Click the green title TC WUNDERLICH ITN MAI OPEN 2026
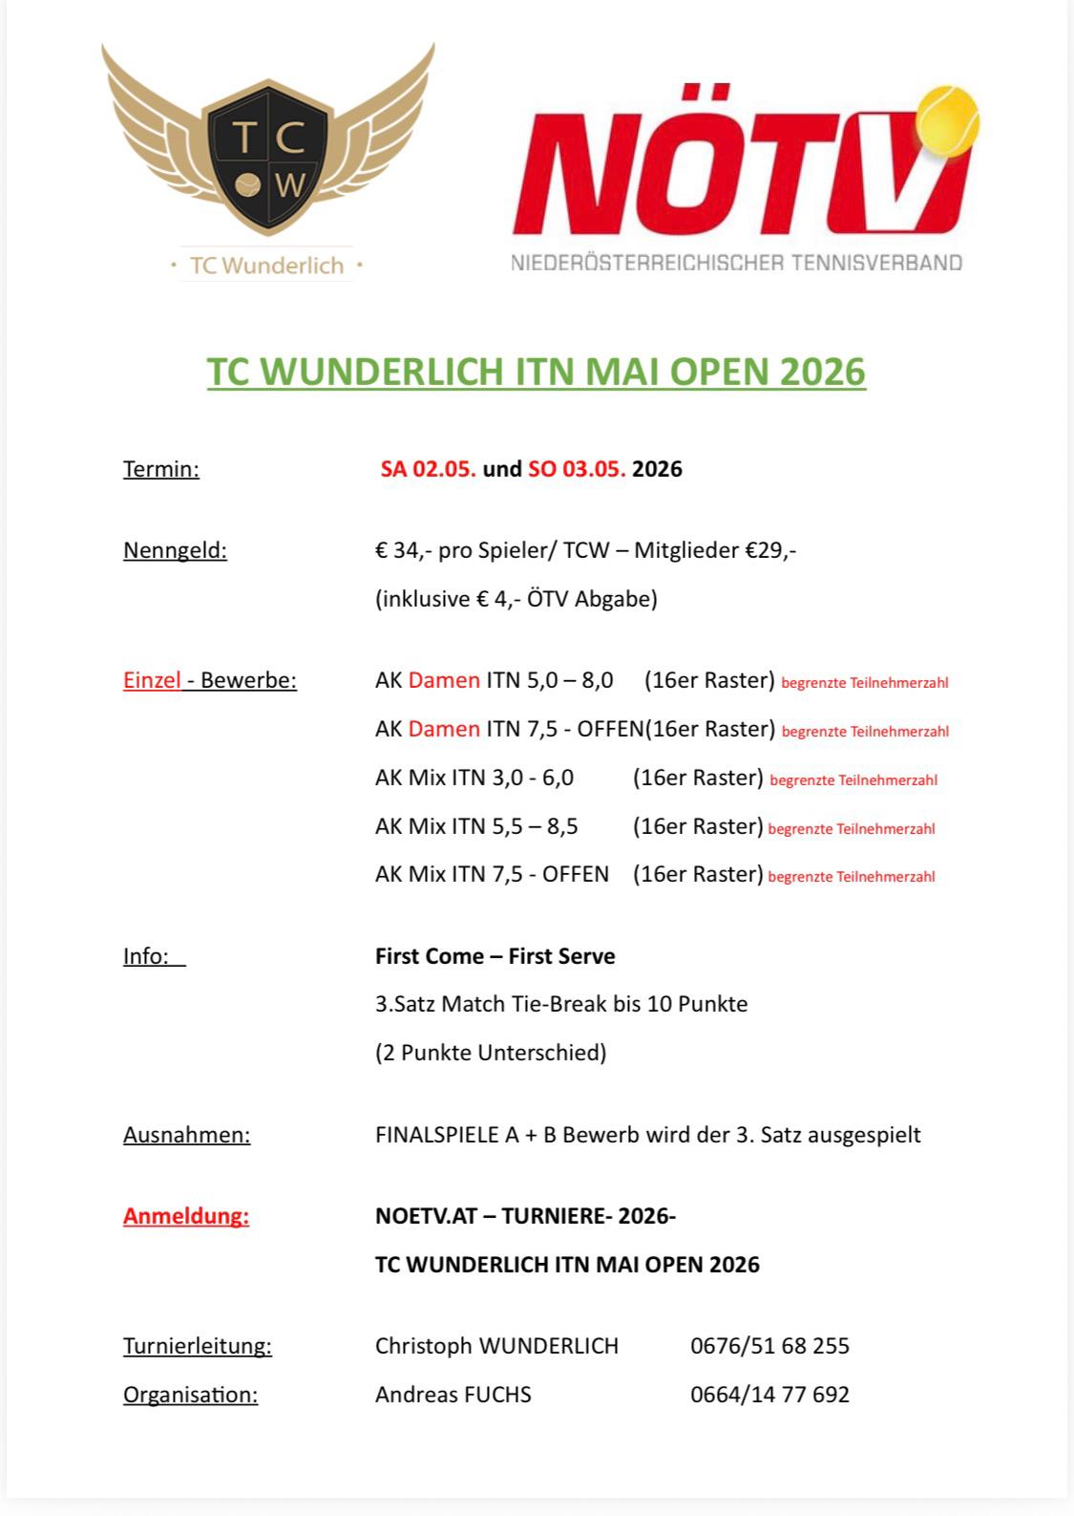point(537,372)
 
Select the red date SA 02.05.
point(428,469)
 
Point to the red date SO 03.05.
point(577,469)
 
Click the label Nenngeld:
point(175,550)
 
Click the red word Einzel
point(152,680)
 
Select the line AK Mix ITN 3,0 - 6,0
point(474,778)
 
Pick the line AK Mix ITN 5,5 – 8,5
point(476,826)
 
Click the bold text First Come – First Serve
point(495,956)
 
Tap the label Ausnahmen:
point(186,1135)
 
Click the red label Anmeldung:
point(186,1216)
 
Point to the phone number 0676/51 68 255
point(769,1346)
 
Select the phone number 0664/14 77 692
point(769,1395)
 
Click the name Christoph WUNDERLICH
point(496,1346)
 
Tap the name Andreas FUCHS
point(453,1395)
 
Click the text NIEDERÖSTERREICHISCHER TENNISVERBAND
point(736,263)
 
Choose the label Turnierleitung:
point(197,1346)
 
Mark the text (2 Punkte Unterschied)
point(491,1053)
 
